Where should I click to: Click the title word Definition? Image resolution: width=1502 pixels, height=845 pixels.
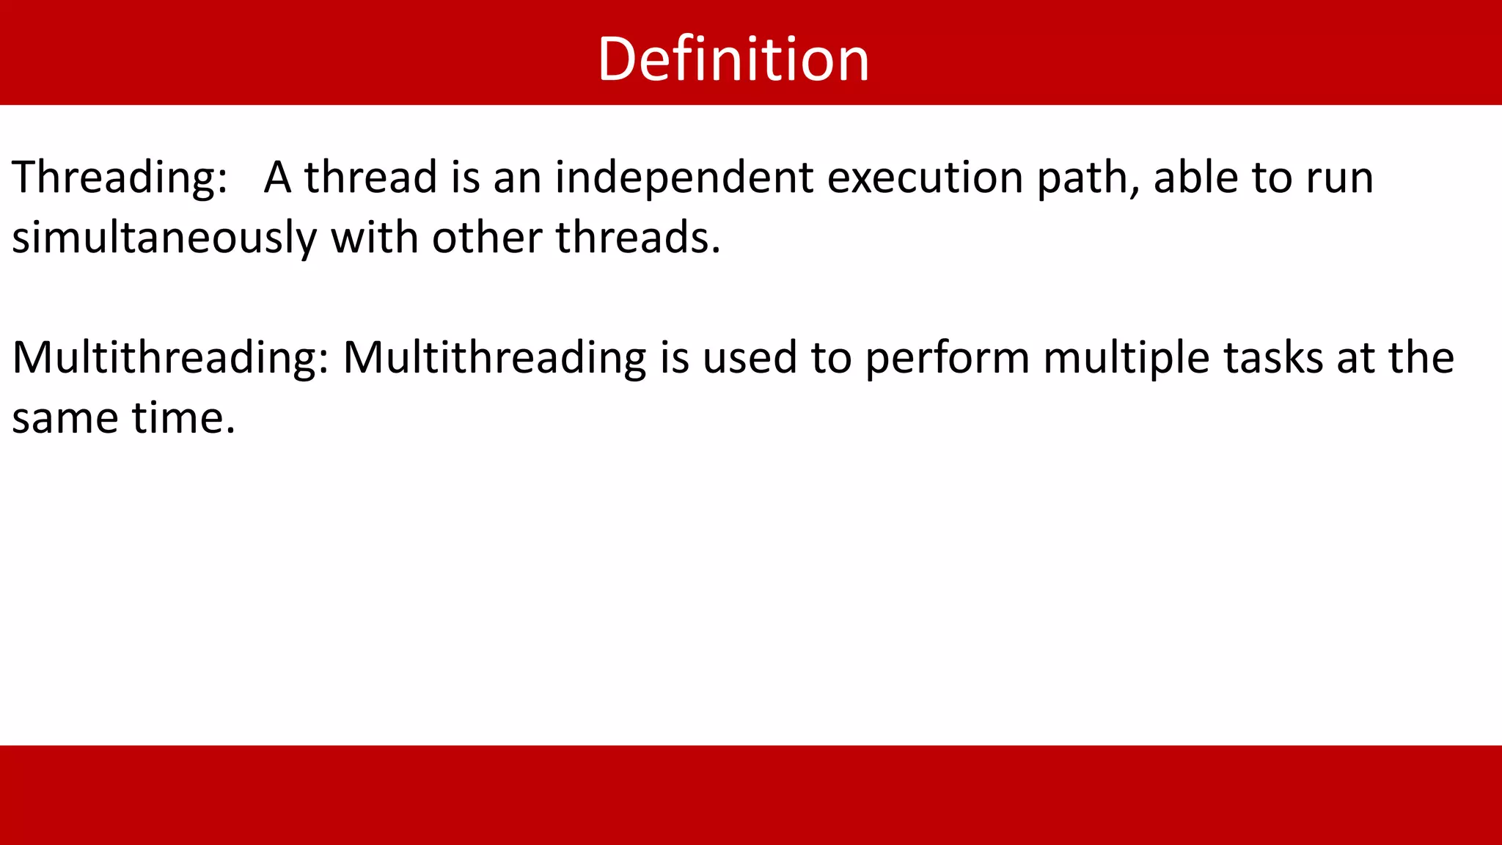(x=733, y=59)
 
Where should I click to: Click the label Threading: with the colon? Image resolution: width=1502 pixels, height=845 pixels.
(x=120, y=178)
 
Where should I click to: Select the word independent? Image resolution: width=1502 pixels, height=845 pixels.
(x=684, y=178)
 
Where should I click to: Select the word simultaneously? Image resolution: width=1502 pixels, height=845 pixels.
(x=164, y=238)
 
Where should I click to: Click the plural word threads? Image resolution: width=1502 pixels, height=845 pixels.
(x=637, y=238)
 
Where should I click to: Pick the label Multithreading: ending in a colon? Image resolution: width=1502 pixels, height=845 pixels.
(x=170, y=359)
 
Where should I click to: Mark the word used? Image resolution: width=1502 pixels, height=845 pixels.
(x=749, y=359)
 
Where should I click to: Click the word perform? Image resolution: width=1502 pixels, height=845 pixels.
(x=947, y=359)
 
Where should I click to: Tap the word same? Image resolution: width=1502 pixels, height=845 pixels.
(x=65, y=419)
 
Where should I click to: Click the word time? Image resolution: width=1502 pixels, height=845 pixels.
(x=183, y=418)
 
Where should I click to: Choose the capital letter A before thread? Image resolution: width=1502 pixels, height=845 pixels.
(x=278, y=178)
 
